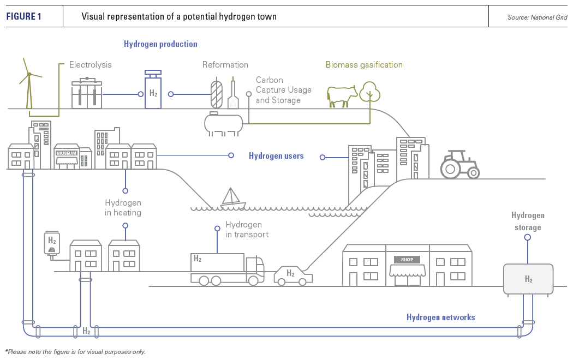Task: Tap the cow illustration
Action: tap(342, 95)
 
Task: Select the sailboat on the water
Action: tap(233, 199)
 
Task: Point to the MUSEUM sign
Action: tap(67, 153)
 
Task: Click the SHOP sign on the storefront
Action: tap(407, 260)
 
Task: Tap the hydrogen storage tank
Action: tap(528, 279)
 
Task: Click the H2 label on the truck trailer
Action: tap(198, 259)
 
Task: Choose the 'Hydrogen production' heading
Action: tap(160, 44)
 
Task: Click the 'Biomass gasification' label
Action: tap(364, 65)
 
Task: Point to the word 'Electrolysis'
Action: tap(90, 65)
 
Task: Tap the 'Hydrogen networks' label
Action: tap(440, 317)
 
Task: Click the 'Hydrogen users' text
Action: tap(276, 156)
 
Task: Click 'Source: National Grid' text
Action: tap(537, 17)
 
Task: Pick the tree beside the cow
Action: tap(370, 91)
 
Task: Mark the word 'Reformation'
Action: tap(225, 65)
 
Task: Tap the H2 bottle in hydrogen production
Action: tap(153, 91)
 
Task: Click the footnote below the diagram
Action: tap(75, 352)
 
